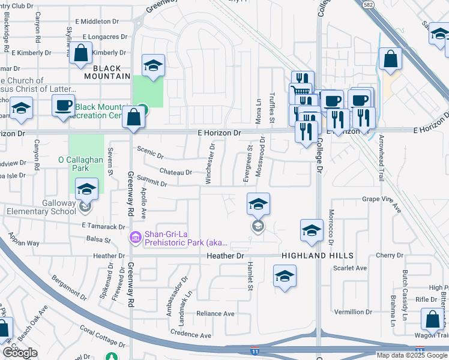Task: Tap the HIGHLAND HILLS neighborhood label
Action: (x=316, y=256)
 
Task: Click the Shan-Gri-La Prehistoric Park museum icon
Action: (x=135, y=238)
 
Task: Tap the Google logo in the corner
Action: (x=20, y=353)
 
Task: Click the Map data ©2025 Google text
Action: (x=411, y=355)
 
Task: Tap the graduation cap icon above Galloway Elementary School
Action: (x=86, y=188)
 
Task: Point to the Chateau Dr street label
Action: (x=175, y=172)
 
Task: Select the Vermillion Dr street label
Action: (x=353, y=312)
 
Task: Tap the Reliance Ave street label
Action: (x=215, y=314)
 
